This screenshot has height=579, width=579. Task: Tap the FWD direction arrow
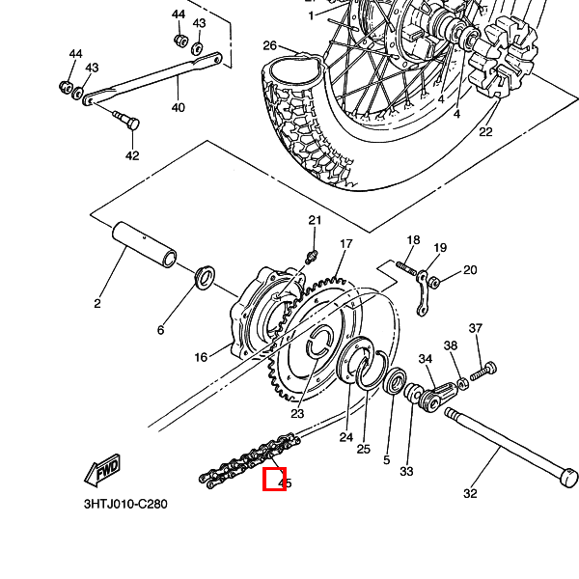100,470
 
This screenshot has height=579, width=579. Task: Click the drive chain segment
249,459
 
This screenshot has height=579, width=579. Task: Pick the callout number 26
269,45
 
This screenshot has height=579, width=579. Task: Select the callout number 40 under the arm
178,107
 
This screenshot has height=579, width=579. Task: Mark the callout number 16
201,357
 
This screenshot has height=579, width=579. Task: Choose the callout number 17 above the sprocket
345,244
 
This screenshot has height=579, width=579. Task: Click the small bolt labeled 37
488,369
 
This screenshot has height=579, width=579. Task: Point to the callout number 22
485,132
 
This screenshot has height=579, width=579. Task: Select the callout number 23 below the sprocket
297,413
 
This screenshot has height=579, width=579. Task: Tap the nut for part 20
434,282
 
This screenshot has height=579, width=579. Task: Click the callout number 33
406,471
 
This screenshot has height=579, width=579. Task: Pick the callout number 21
314,221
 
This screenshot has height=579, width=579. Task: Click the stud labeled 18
406,264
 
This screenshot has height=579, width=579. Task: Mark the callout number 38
450,345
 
